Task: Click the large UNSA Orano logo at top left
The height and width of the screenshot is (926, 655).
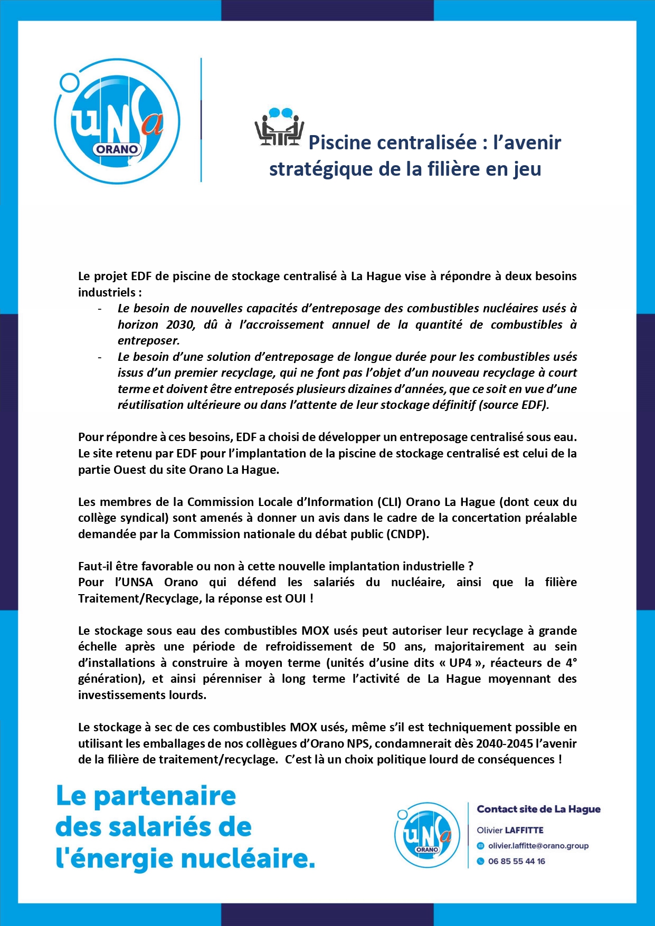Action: tap(117, 121)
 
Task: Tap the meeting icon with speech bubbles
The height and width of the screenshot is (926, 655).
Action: tap(279, 128)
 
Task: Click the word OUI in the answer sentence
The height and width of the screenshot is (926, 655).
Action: tap(296, 598)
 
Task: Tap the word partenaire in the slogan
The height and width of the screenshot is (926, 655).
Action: tap(165, 796)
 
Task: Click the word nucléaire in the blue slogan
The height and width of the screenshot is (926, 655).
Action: tap(248, 858)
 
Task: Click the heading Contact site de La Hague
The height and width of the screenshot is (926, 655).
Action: tap(538, 809)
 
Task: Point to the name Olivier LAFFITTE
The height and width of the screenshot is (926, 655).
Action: tap(510, 830)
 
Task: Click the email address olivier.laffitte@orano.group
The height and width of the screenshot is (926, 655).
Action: tap(538, 846)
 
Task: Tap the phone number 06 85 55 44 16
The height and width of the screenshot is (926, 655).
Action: tap(516, 861)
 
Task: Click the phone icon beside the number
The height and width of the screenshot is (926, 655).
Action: tap(480, 861)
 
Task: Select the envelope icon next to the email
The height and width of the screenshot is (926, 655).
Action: tap(480, 846)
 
